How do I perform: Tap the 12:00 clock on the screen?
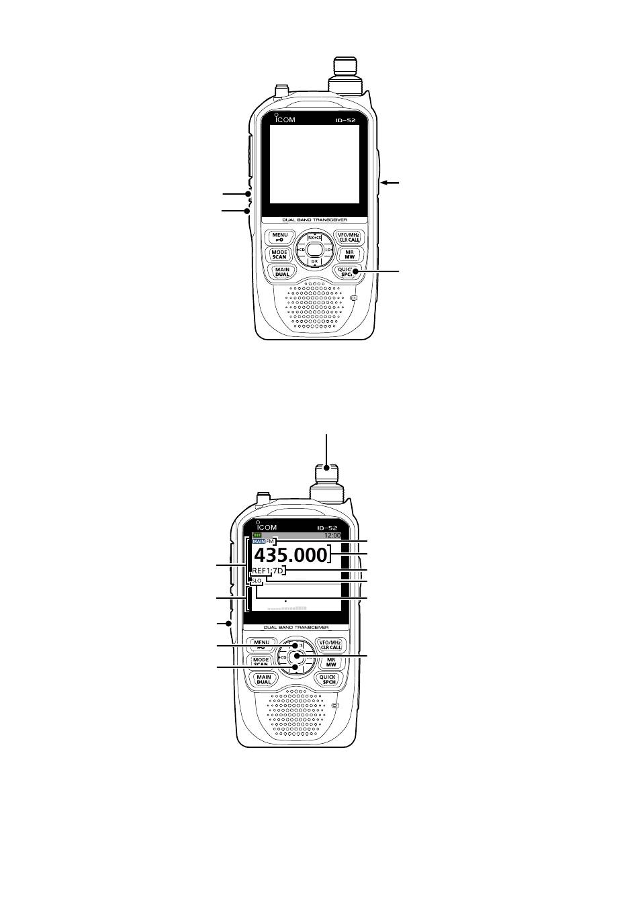[332, 536]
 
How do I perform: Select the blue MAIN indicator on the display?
[259, 541]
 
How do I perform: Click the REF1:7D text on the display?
[268, 571]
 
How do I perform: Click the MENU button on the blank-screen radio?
[280, 237]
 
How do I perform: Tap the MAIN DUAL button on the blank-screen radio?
[281, 272]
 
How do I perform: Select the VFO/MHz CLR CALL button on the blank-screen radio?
[349, 237]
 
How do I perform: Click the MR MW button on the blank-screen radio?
[349, 254]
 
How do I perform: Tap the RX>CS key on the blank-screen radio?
[314, 238]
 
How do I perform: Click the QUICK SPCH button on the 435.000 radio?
[328, 679]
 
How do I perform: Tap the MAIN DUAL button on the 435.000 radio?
[264, 679]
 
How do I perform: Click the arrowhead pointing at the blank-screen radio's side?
[383, 182]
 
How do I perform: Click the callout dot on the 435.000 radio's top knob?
[326, 467]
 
